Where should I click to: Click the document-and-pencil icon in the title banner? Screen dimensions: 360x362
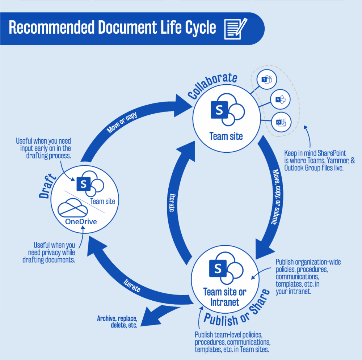[236, 28]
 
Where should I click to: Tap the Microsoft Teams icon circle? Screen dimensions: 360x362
[267, 79]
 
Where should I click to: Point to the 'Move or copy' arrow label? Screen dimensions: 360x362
[122, 123]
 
